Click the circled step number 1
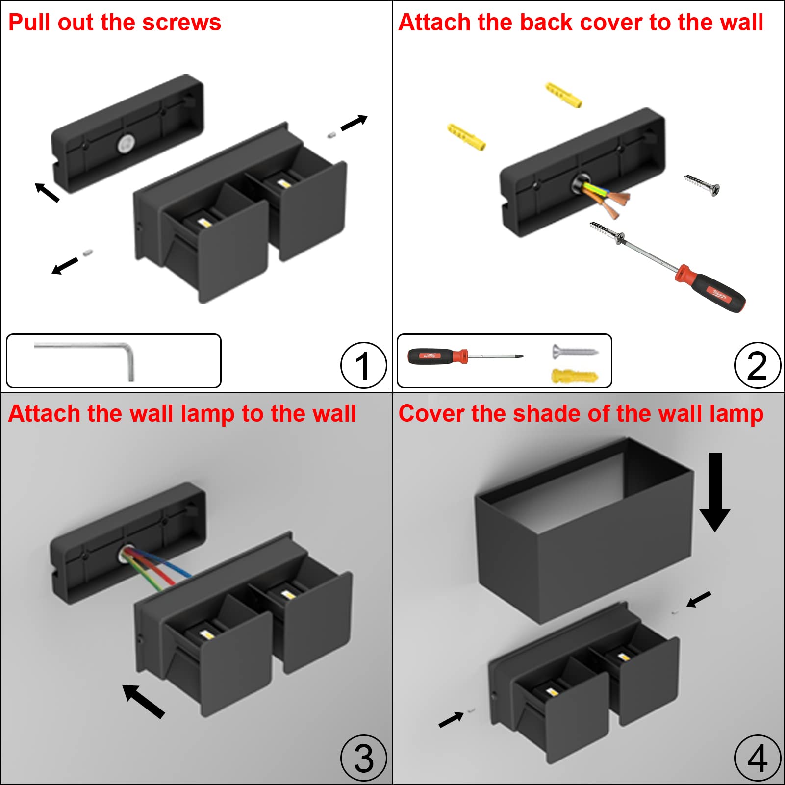tap(363, 365)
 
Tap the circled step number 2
tap(757, 365)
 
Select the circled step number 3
tap(363, 758)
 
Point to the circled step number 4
tap(757, 758)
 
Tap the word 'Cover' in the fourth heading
tap(431, 413)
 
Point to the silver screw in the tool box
tap(575, 351)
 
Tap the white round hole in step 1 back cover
tap(126, 144)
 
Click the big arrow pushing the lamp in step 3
tap(143, 701)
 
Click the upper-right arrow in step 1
tap(354, 123)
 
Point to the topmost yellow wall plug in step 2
tap(564, 95)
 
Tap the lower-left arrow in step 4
tap(451, 719)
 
